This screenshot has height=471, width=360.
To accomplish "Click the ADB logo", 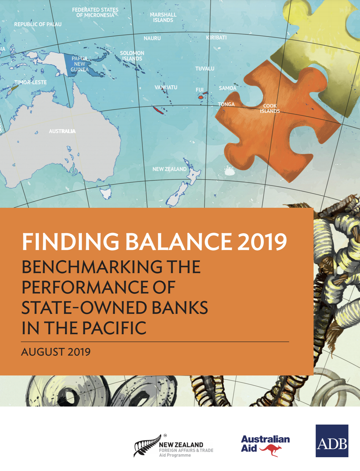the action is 332,441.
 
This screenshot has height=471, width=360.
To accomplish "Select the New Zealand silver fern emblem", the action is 147,446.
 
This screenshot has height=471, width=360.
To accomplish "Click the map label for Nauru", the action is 152,38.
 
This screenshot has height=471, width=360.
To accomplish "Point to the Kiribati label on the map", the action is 216,38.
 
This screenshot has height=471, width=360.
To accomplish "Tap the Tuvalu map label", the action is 205,69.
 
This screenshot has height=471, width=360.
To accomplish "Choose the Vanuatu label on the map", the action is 166,87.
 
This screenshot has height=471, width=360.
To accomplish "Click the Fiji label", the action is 200,90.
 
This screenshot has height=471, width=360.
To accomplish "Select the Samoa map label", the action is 227,88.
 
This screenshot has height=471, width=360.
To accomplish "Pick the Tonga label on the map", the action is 226,104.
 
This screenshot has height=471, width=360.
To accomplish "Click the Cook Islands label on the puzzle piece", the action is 270,109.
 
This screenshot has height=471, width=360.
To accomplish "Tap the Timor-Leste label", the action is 31,82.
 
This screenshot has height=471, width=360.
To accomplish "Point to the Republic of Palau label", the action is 38,24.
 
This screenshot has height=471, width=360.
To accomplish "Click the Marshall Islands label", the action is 163,17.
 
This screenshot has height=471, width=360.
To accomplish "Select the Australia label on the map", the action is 62,131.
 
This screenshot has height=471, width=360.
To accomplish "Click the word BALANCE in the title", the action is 179,242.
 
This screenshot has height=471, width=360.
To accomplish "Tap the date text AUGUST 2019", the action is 56,352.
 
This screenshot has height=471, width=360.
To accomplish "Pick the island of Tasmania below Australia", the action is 106,193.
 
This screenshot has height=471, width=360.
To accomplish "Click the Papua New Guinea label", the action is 79,64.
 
